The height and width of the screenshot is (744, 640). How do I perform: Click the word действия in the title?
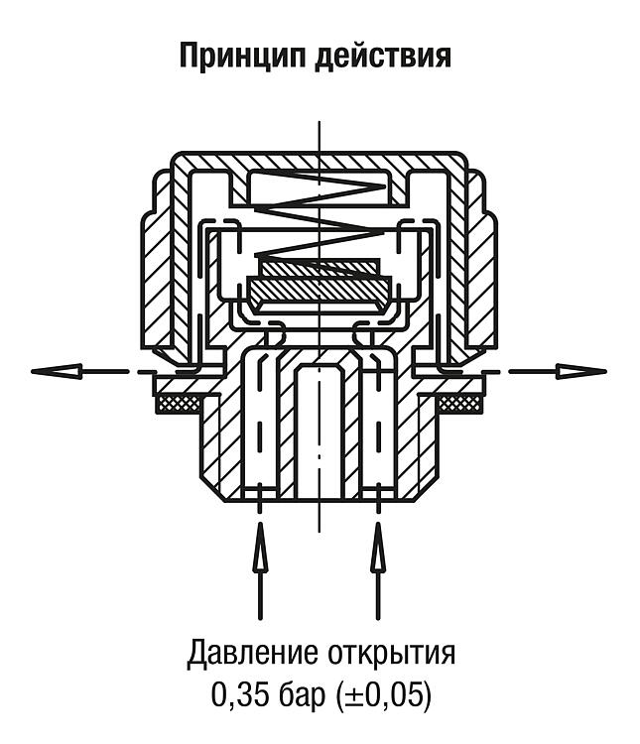(383, 56)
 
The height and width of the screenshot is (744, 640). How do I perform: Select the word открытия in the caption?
(391, 655)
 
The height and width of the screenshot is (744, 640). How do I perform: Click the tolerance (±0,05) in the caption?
(383, 696)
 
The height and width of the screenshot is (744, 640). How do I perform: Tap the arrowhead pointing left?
(56, 371)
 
